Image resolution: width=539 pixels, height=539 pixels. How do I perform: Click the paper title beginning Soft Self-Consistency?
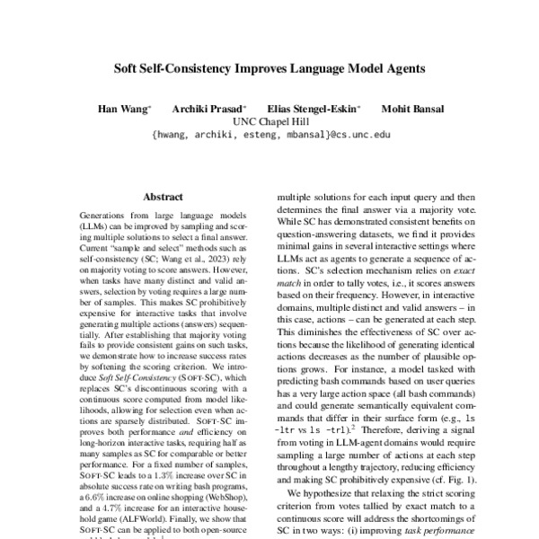click(x=269, y=67)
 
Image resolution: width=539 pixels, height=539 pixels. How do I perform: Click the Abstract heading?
click(x=163, y=196)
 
